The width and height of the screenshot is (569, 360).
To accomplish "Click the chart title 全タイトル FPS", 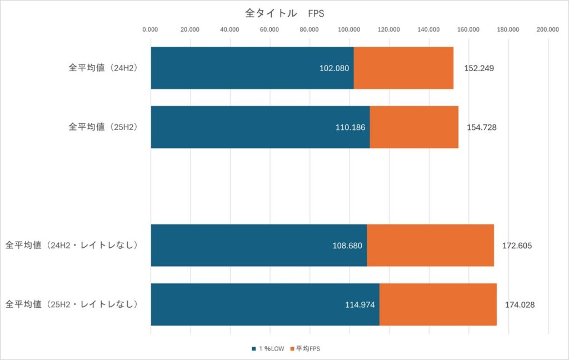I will click(x=284, y=13).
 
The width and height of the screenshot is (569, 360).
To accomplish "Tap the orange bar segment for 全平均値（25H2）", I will click(x=414, y=127).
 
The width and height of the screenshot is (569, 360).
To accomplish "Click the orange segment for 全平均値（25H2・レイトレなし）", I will click(x=438, y=304).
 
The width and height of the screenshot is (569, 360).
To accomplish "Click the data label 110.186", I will click(x=350, y=128).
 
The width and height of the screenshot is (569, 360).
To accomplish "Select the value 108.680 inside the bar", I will click(x=347, y=246).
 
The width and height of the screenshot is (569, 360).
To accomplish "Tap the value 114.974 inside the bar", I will click(x=360, y=304).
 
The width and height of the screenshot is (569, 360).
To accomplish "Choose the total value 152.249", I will click(x=479, y=69).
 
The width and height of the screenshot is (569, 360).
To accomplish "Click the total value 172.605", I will click(x=517, y=246).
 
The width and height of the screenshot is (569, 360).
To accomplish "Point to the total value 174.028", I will click(x=520, y=304).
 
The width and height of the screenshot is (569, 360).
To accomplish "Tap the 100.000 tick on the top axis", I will click(x=349, y=30).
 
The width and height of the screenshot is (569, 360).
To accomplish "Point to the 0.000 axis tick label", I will click(x=151, y=30).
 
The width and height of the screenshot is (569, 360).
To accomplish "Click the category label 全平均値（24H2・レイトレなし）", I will click(x=72, y=245).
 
